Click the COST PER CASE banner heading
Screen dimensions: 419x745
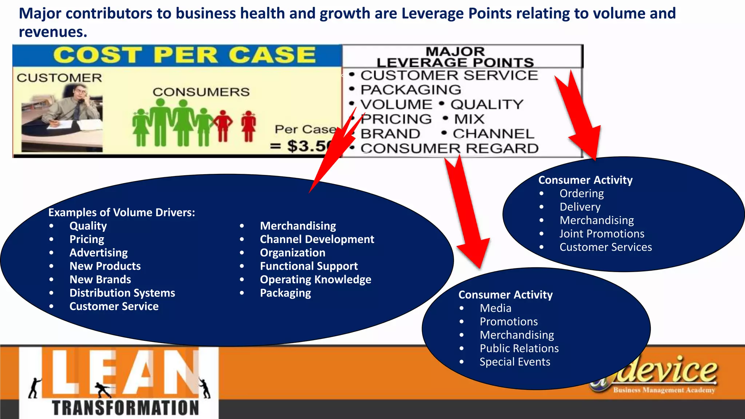[x=184, y=55]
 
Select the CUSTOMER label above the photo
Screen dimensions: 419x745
[x=59, y=78]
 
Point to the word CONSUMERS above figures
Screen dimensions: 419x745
[x=201, y=92]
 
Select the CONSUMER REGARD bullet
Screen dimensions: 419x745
[x=449, y=148]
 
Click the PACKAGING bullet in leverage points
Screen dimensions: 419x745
[x=410, y=90]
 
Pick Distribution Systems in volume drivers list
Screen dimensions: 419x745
[x=122, y=293]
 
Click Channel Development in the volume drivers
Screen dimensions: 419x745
[x=317, y=239]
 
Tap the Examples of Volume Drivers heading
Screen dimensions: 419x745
[x=121, y=212]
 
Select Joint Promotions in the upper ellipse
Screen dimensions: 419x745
[x=602, y=234]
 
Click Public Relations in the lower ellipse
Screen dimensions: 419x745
[x=519, y=348]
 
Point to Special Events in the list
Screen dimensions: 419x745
[x=515, y=362]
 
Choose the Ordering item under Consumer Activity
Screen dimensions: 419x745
[x=581, y=193]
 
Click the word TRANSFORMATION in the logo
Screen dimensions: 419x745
[x=126, y=407]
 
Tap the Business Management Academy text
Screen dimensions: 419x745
[x=664, y=390]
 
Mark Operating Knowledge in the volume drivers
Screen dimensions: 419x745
[x=315, y=280]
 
